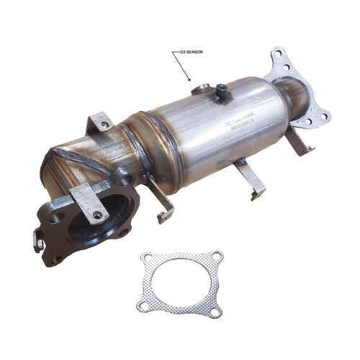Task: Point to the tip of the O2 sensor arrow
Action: coord(189,78)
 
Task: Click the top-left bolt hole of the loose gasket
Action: coord(148,257)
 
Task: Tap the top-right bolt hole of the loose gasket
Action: coord(217,256)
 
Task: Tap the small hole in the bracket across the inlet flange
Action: coord(96,214)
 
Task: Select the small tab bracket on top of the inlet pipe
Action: coord(102,122)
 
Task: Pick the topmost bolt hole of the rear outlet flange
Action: coord(277,54)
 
